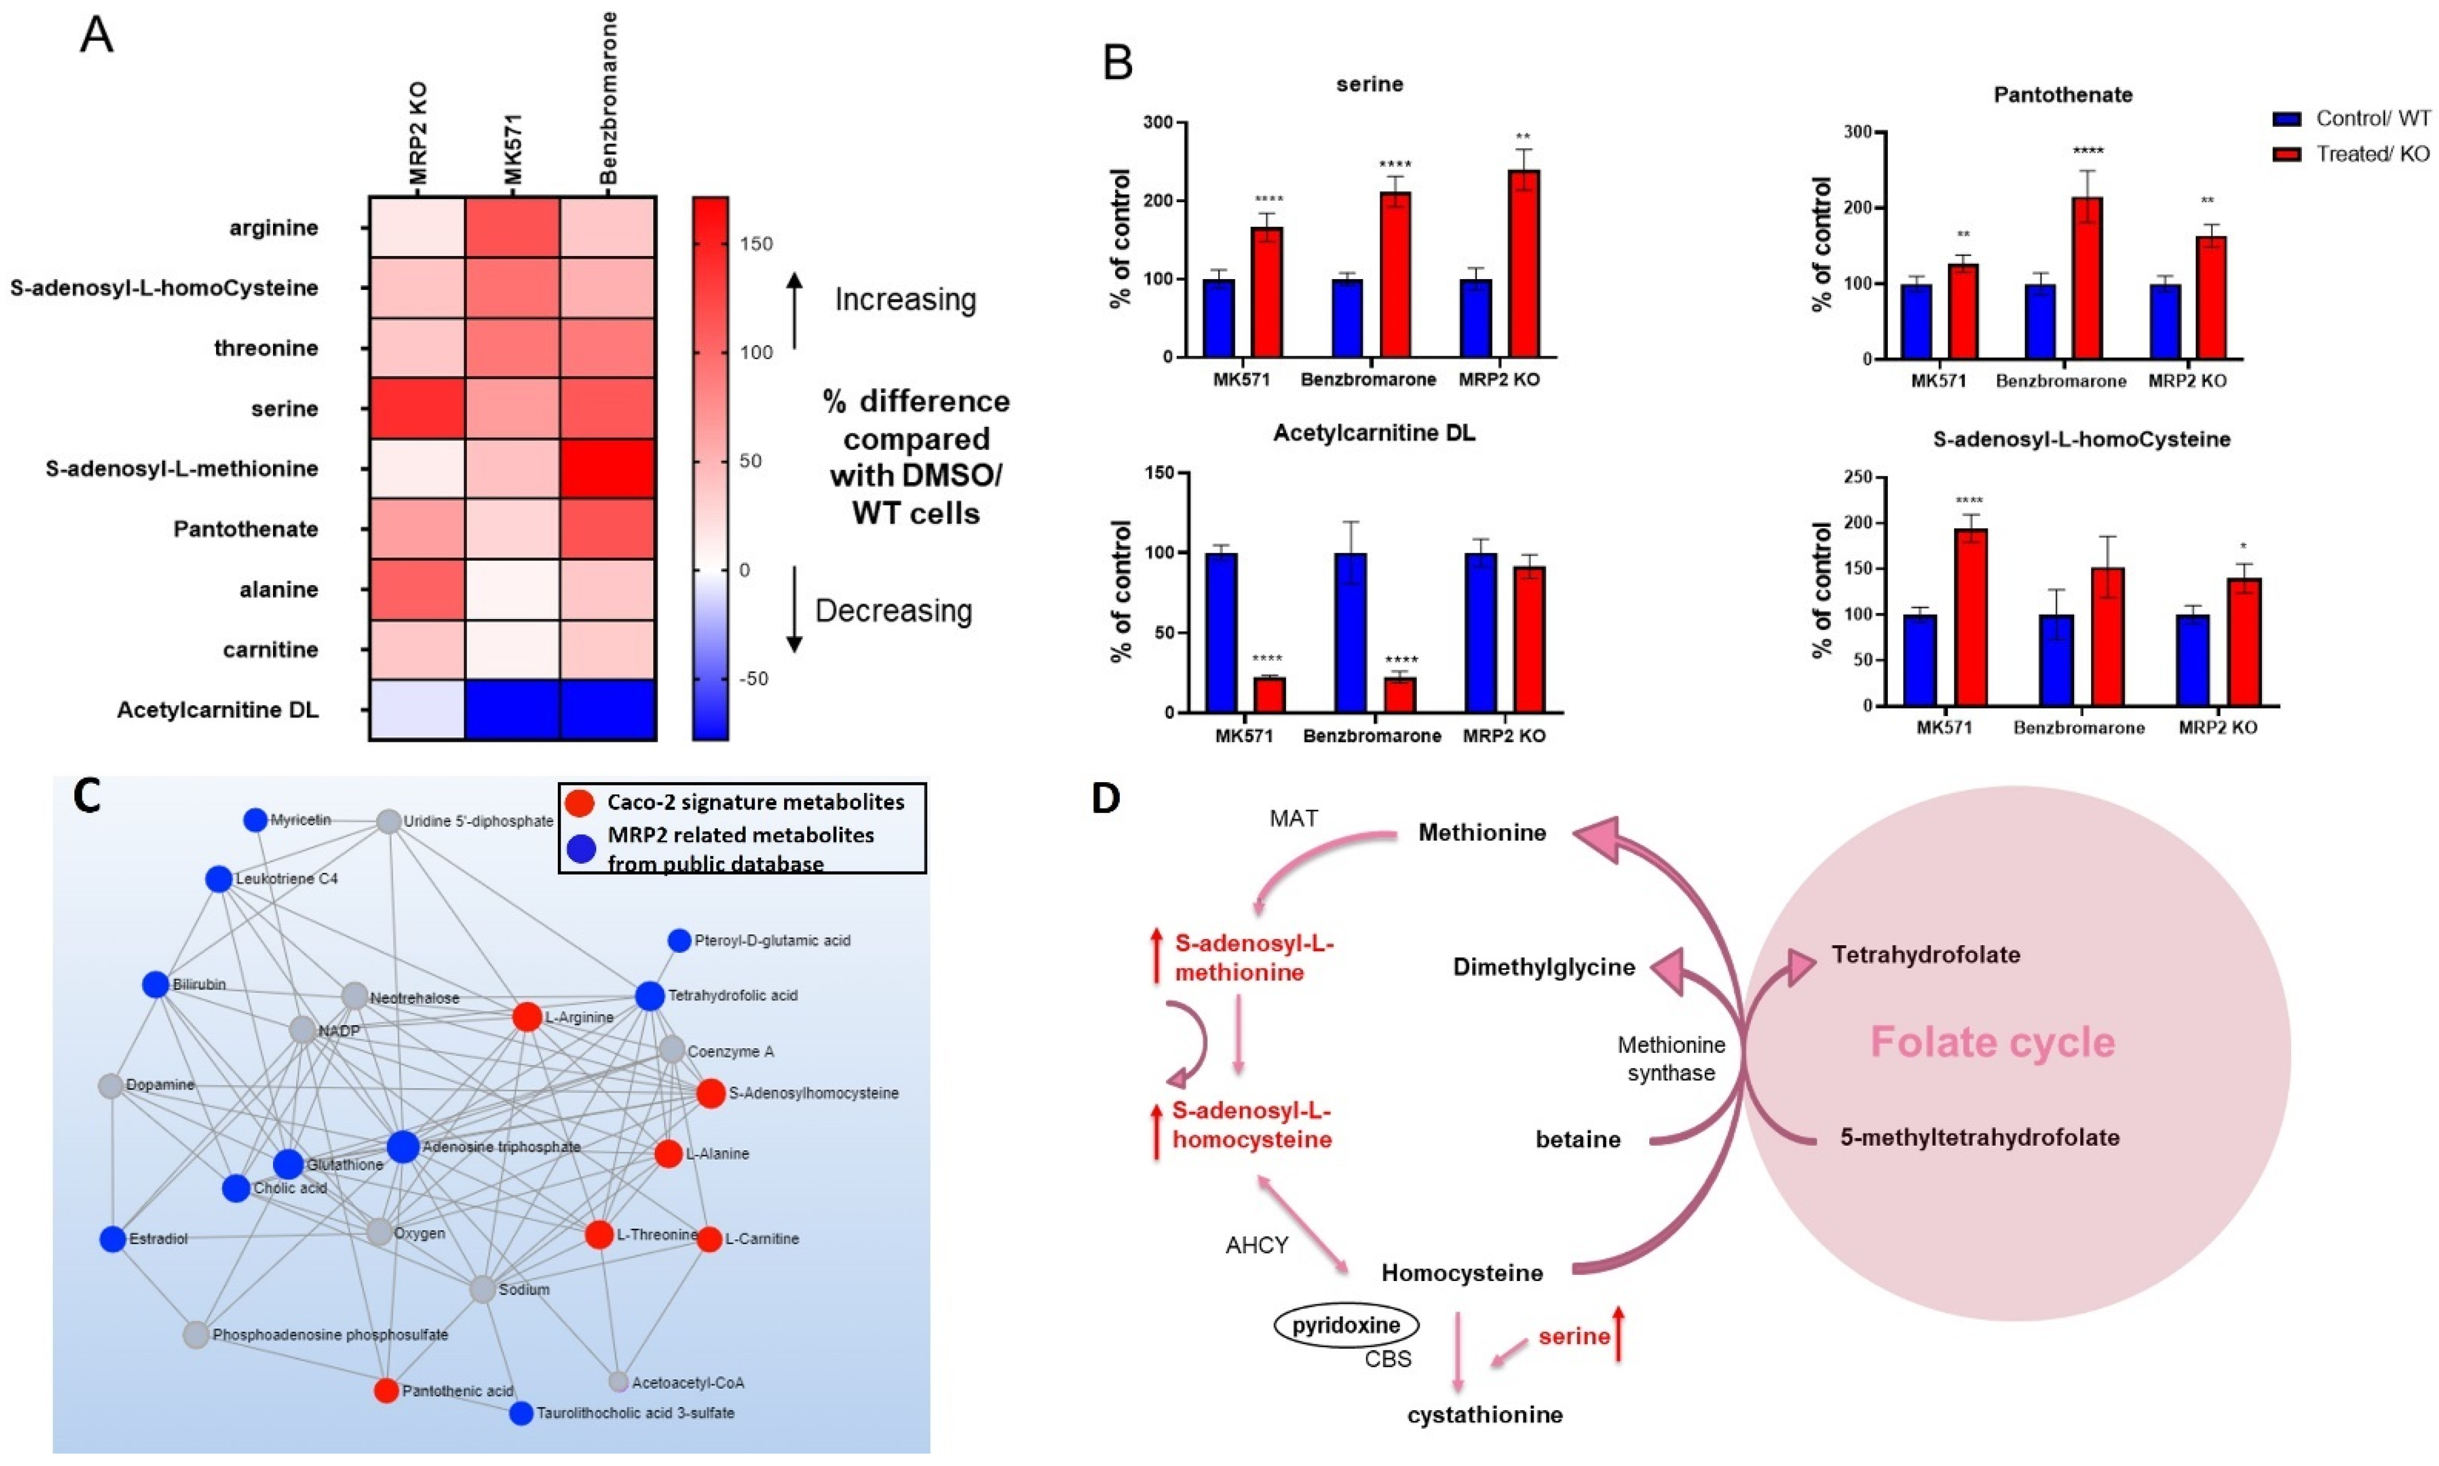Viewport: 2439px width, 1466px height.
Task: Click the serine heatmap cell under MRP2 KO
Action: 416,408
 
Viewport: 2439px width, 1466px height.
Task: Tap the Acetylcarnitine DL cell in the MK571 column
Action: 512,709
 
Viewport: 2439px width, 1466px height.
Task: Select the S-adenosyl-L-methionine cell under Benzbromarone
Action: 607,468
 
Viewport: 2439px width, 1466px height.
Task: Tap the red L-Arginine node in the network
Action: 527,1017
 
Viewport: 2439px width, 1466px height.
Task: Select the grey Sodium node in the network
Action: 482,1289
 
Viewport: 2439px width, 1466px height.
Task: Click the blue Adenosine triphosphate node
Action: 402,1147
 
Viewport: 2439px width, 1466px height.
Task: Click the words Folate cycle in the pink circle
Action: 1992,1042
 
